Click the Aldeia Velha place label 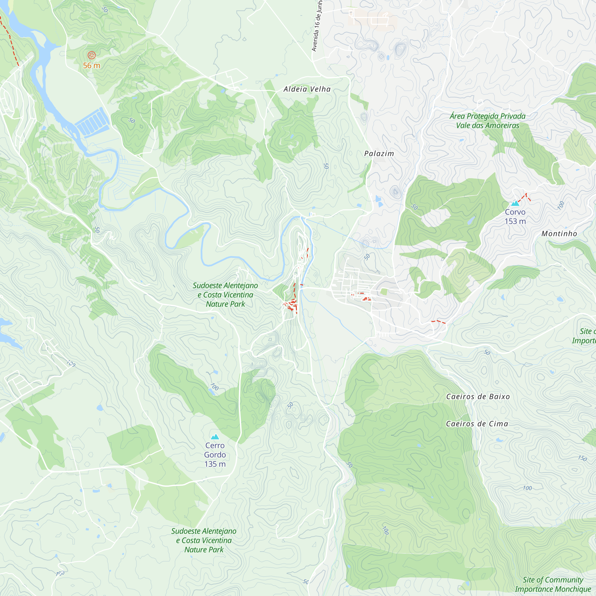point(307,89)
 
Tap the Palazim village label point(379,154)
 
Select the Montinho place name point(559,234)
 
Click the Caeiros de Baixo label point(478,397)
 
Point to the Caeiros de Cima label point(477,424)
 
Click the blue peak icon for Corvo point(515,203)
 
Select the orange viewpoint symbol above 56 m point(91,55)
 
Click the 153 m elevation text point(515,221)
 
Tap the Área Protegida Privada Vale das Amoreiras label point(488,121)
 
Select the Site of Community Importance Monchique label point(553,585)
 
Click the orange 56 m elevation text point(91,66)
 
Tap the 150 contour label point(582,458)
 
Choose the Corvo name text point(515,212)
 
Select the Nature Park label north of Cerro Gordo point(225,295)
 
